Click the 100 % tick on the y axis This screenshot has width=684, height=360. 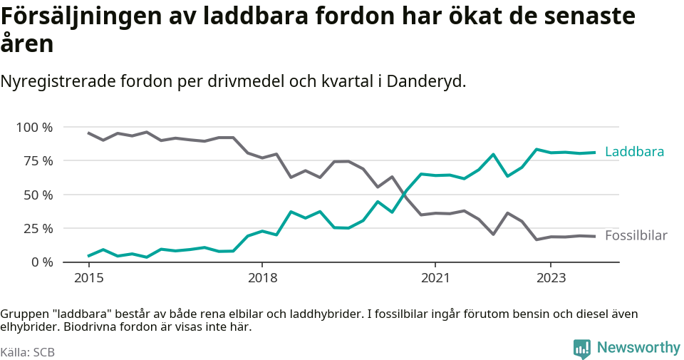click(34, 127)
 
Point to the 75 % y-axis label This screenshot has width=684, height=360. click(38, 161)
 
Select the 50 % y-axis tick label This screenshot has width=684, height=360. click(38, 195)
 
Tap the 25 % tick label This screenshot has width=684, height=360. click(38, 228)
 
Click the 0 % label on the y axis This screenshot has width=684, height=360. click(41, 262)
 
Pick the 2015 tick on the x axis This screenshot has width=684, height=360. click(88, 277)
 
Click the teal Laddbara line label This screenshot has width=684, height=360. click(634, 152)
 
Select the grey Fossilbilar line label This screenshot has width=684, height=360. click(636, 236)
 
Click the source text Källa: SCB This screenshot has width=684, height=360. click(28, 352)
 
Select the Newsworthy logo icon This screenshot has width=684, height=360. click(581, 349)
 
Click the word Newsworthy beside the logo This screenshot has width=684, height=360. click(638, 348)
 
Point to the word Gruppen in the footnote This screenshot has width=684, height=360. click(23, 314)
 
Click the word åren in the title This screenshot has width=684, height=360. click(26, 44)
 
